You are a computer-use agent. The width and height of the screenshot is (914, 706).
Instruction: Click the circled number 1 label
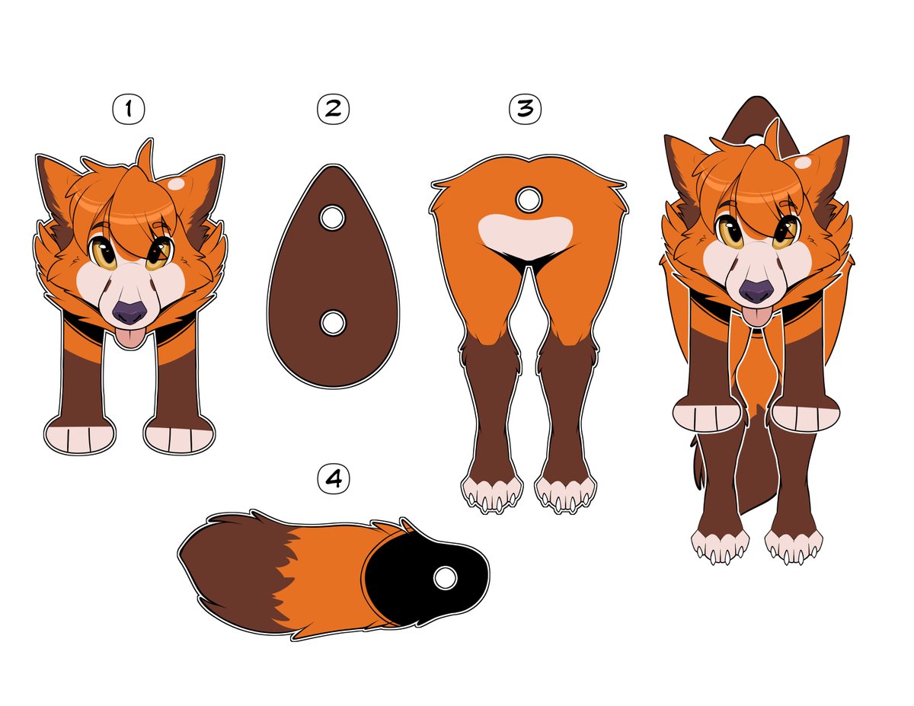129,109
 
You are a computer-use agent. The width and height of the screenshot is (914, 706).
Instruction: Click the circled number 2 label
333,109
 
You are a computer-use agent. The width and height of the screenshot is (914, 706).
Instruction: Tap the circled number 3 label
525,109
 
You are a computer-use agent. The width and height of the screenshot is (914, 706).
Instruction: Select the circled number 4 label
334,478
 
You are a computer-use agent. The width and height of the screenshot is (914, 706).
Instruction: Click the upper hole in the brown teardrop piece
332,218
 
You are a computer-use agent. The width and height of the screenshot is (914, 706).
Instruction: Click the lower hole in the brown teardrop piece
333,324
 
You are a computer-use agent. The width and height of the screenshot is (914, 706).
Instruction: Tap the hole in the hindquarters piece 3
529,200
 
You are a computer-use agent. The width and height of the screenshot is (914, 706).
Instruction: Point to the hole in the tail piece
445,578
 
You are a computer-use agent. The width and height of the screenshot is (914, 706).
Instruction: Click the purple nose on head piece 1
129,312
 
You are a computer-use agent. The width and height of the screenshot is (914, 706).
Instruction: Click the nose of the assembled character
756,291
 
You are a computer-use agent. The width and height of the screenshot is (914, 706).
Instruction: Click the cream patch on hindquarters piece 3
526,236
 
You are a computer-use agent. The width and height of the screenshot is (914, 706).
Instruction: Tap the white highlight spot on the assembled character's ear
804,162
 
